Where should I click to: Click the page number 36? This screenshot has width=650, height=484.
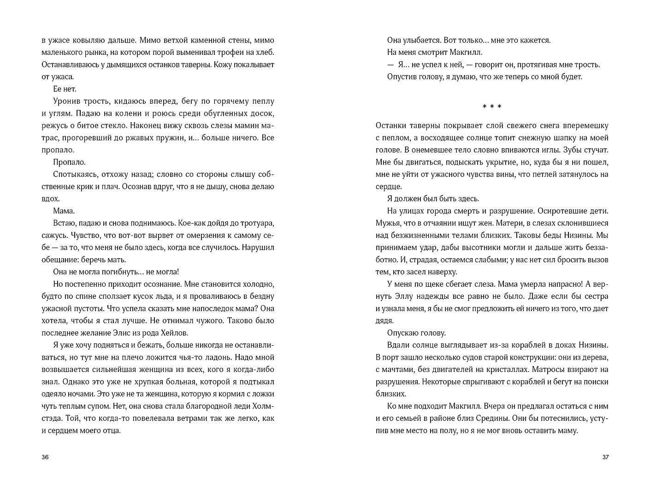click(x=45, y=457)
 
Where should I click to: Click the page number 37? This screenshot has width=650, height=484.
click(x=605, y=457)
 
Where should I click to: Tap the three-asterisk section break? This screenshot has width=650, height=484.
click(x=492, y=107)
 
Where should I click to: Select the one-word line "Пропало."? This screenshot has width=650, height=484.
click(x=70, y=162)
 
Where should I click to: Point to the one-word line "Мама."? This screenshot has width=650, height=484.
click(x=64, y=211)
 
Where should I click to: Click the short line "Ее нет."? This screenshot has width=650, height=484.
click(x=65, y=89)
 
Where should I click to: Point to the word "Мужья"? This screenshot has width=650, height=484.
click(x=390, y=223)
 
